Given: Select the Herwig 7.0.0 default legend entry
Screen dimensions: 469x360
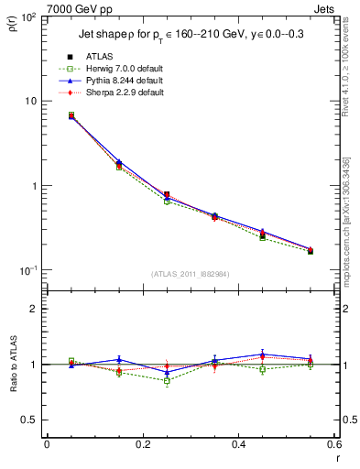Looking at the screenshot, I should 126,70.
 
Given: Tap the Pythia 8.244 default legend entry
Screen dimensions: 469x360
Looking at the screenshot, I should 125,82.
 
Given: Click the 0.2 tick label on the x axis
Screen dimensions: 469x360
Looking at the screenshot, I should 142,444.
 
